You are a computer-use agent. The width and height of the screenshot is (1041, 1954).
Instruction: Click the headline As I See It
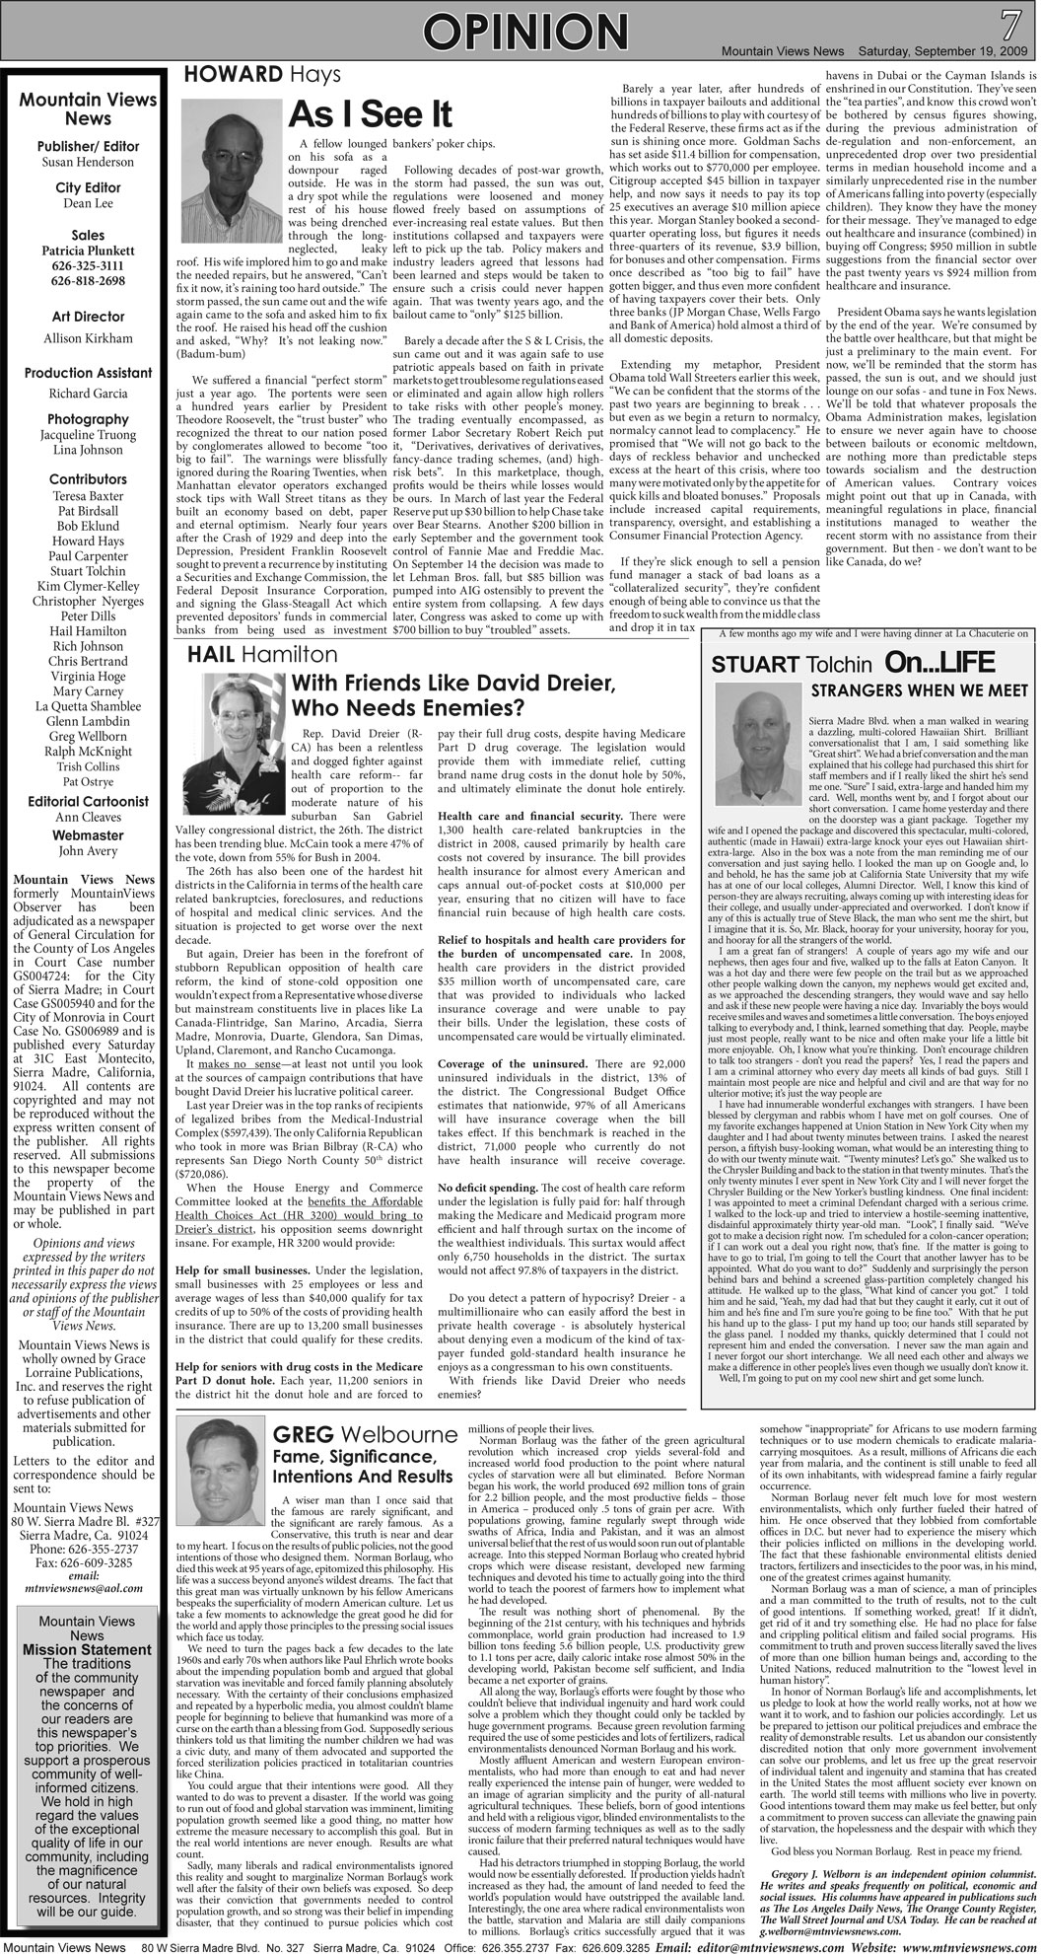click(370, 115)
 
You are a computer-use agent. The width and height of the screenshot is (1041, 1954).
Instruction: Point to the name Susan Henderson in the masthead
click(88, 161)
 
